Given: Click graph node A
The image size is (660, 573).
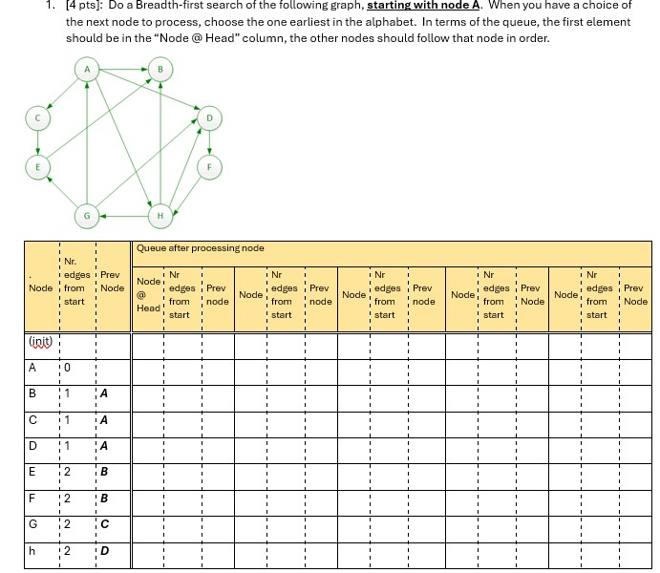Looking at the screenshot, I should (87, 70).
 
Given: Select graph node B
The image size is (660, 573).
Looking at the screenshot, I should (160, 70).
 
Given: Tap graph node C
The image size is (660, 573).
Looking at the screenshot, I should (37, 118).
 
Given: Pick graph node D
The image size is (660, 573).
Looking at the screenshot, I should (211, 118).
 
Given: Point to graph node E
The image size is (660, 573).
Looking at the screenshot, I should (37, 165).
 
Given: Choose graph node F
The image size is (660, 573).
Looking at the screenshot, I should (211, 165).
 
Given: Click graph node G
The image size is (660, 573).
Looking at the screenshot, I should (87, 215).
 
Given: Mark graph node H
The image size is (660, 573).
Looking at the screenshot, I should (160, 215).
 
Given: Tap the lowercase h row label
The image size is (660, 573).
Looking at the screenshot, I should (33, 551).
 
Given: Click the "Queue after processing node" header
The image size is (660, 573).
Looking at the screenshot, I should (200, 248).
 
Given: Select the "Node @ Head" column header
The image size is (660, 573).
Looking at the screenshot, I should (148, 295).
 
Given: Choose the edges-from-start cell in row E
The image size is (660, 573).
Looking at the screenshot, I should (68, 472).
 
